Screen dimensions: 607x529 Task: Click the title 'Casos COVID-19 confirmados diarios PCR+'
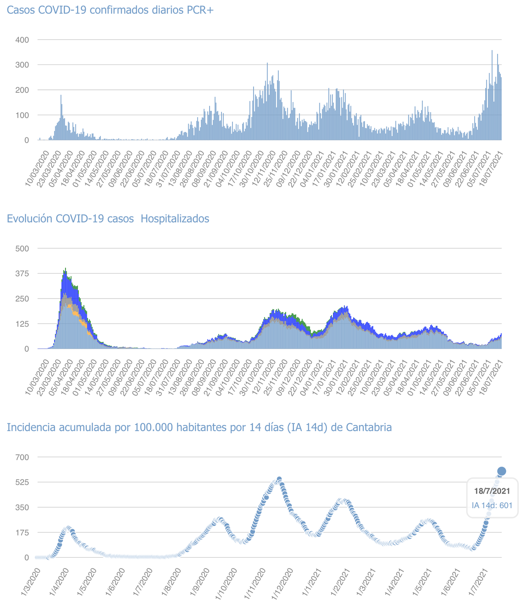tap(111, 10)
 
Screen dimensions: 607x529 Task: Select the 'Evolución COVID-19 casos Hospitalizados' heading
tap(108, 219)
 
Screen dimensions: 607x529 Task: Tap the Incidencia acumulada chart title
tap(199, 427)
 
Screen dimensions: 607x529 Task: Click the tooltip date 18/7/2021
tap(492, 491)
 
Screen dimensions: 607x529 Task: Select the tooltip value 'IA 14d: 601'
tap(492, 505)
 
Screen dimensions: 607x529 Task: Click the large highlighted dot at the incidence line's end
tap(502, 471)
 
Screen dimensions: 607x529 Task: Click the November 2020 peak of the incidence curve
tap(279, 479)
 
